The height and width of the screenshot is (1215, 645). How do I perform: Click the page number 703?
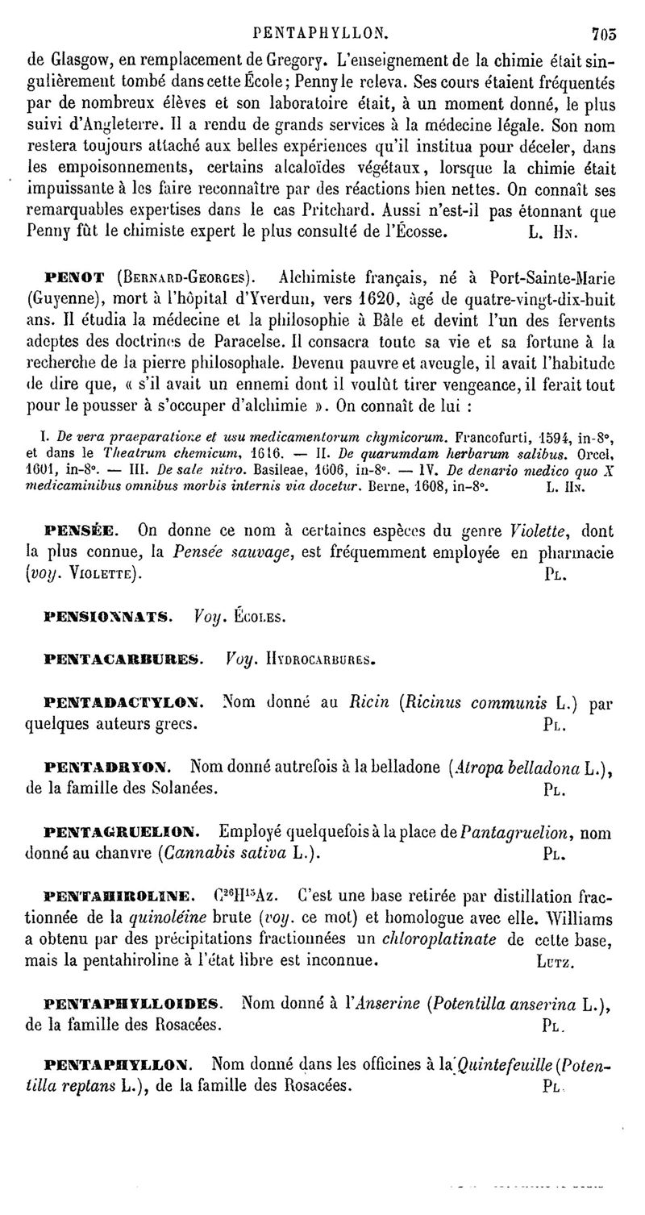[x=603, y=34]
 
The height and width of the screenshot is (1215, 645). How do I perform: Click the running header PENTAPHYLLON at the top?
[x=320, y=34]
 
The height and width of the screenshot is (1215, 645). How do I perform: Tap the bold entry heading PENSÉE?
[x=81, y=531]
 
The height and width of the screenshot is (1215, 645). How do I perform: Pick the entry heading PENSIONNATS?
[x=106, y=617]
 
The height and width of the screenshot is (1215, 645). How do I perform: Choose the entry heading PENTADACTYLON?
[x=123, y=701]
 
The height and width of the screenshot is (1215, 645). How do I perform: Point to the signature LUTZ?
[x=552, y=962]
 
